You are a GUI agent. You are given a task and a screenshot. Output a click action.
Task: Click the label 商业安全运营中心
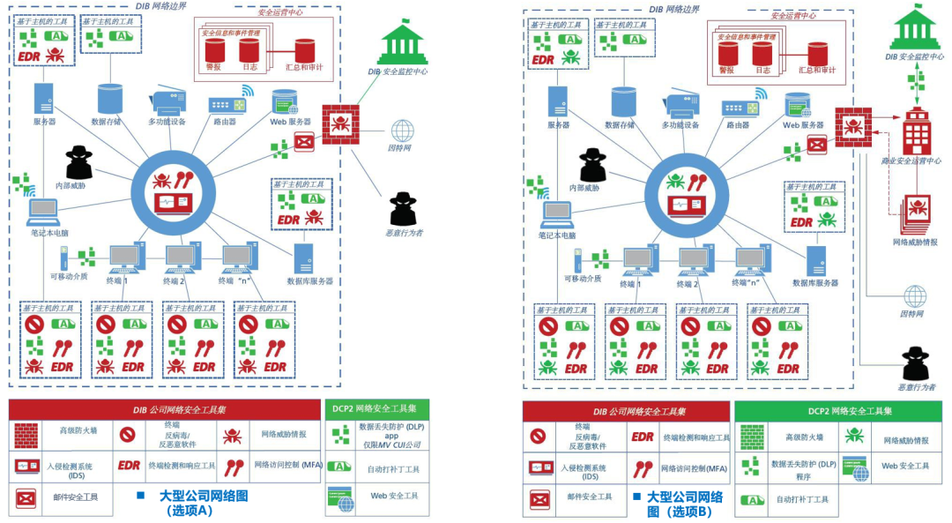pyautogui.click(x=911, y=161)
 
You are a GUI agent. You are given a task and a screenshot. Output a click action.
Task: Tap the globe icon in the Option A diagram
pyautogui.click(x=403, y=131)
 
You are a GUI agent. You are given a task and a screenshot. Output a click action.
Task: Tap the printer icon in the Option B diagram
pyautogui.click(x=680, y=105)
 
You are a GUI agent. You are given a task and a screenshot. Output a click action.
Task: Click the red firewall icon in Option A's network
pyautogui.click(x=340, y=124)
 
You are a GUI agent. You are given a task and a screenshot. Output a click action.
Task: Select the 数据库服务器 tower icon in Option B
pyautogui.click(x=815, y=260)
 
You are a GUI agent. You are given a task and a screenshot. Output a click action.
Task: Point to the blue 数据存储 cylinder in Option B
pyautogui.click(x=622, y=101)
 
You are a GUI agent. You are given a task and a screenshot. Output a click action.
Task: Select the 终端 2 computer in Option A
pyautogui.click(x=181, y=258)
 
